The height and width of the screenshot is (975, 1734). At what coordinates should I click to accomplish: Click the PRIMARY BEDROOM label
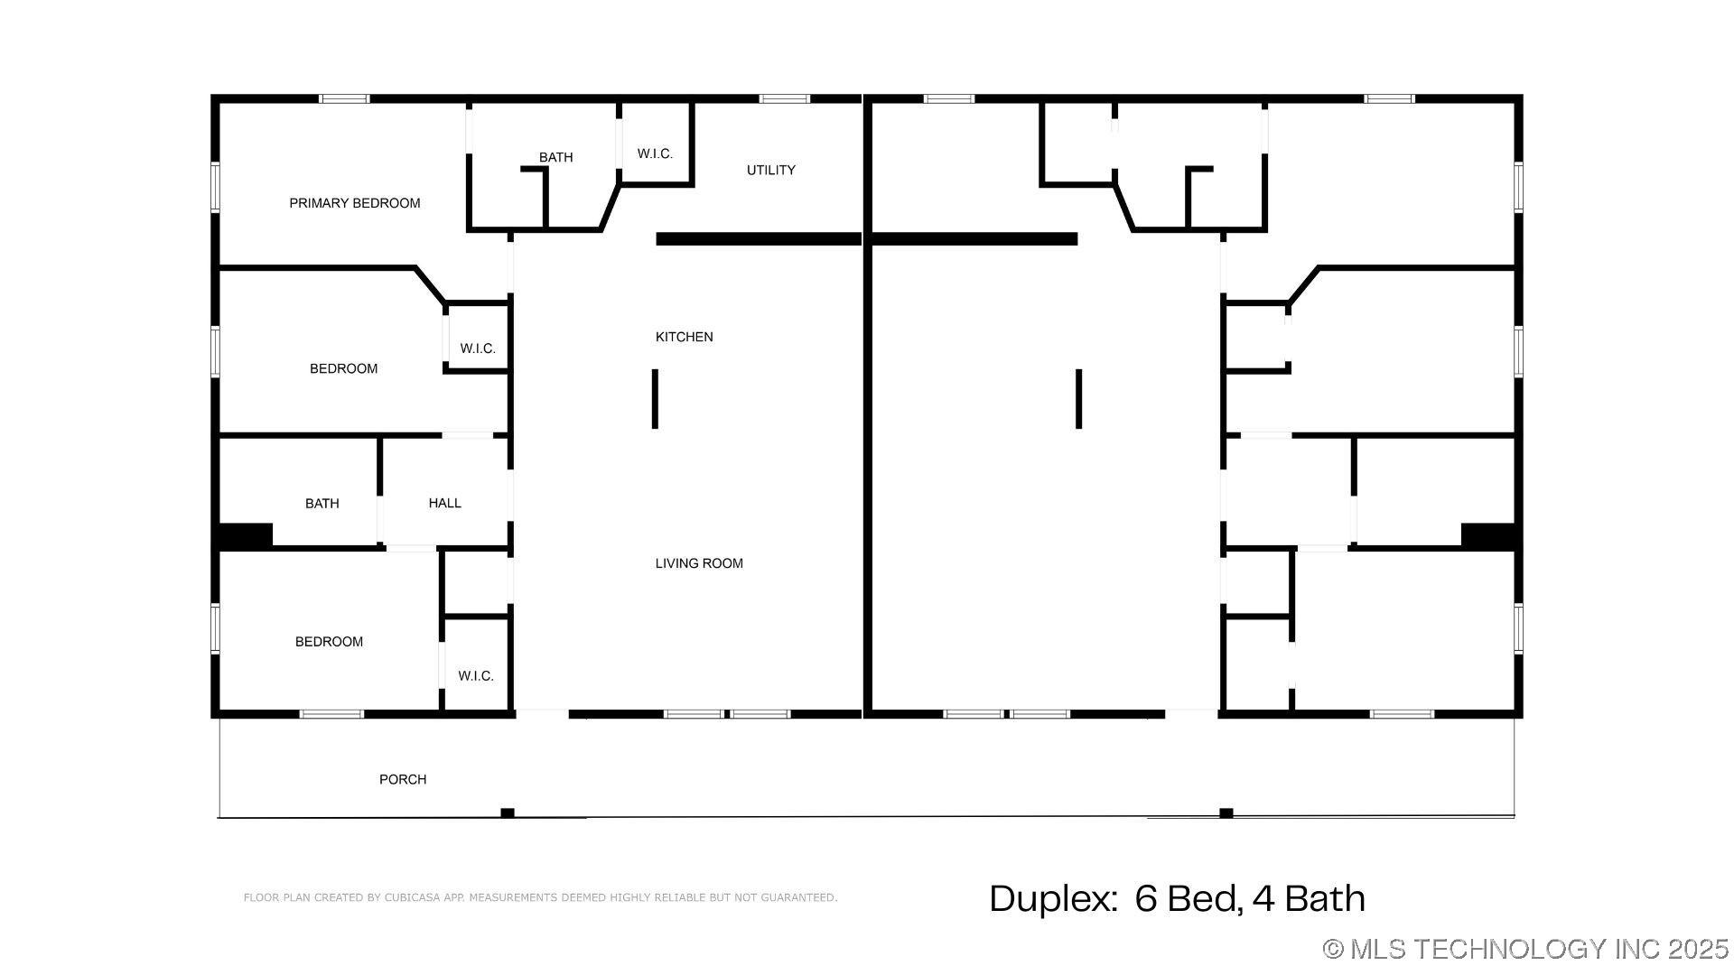[x=354, y=203]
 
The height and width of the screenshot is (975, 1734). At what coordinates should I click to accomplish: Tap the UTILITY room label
[x=770, y=170]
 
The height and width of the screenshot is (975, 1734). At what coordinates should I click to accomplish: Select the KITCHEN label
[x=684, y=337]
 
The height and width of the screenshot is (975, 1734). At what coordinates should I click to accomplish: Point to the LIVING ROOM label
[x=699, y=563]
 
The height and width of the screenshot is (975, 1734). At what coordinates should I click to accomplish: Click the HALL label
[x=444, y=503]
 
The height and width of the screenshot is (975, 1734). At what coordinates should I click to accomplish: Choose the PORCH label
[x=403, y=779]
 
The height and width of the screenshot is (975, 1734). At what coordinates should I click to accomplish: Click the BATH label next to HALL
[x=322, y=504]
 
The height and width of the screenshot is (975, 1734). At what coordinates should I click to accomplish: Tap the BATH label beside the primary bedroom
[x=555, y=157]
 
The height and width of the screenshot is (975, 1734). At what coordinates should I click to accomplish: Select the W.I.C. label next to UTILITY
[x=655, y=153]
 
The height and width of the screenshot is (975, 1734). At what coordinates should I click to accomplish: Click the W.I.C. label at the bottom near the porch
[x=475, y=676]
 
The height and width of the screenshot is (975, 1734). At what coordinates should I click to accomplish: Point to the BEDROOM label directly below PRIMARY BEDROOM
[x=343, y=368]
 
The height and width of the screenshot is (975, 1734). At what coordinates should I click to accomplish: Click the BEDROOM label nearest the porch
[x=329, y=642]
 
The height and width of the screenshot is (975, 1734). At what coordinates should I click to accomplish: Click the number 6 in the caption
[x=1145, y=898]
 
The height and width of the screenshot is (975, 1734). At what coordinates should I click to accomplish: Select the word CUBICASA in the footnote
[x=413, y=897]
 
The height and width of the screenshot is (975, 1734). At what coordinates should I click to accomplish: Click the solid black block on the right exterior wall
[x=1488, y=535]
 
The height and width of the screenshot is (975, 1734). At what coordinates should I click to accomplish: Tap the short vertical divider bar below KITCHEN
[x=655, y=398]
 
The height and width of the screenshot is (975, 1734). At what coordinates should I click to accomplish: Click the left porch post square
[x=508, y=812]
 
